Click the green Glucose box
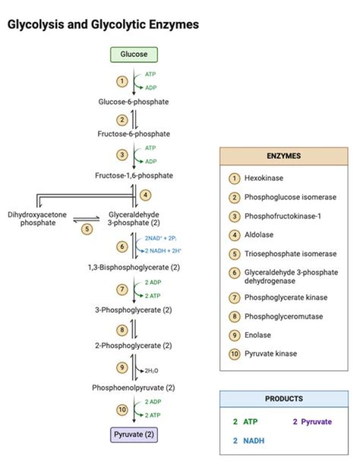133,54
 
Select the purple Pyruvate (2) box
133,434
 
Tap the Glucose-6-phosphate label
133,102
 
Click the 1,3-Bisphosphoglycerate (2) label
133,267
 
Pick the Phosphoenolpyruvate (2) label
133,388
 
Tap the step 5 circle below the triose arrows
87,229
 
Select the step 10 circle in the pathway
122,410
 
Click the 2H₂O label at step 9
151,371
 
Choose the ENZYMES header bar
283,156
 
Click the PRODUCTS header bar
283,399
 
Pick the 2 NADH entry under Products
248,441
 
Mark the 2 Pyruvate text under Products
312,422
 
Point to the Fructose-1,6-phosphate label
133,175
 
